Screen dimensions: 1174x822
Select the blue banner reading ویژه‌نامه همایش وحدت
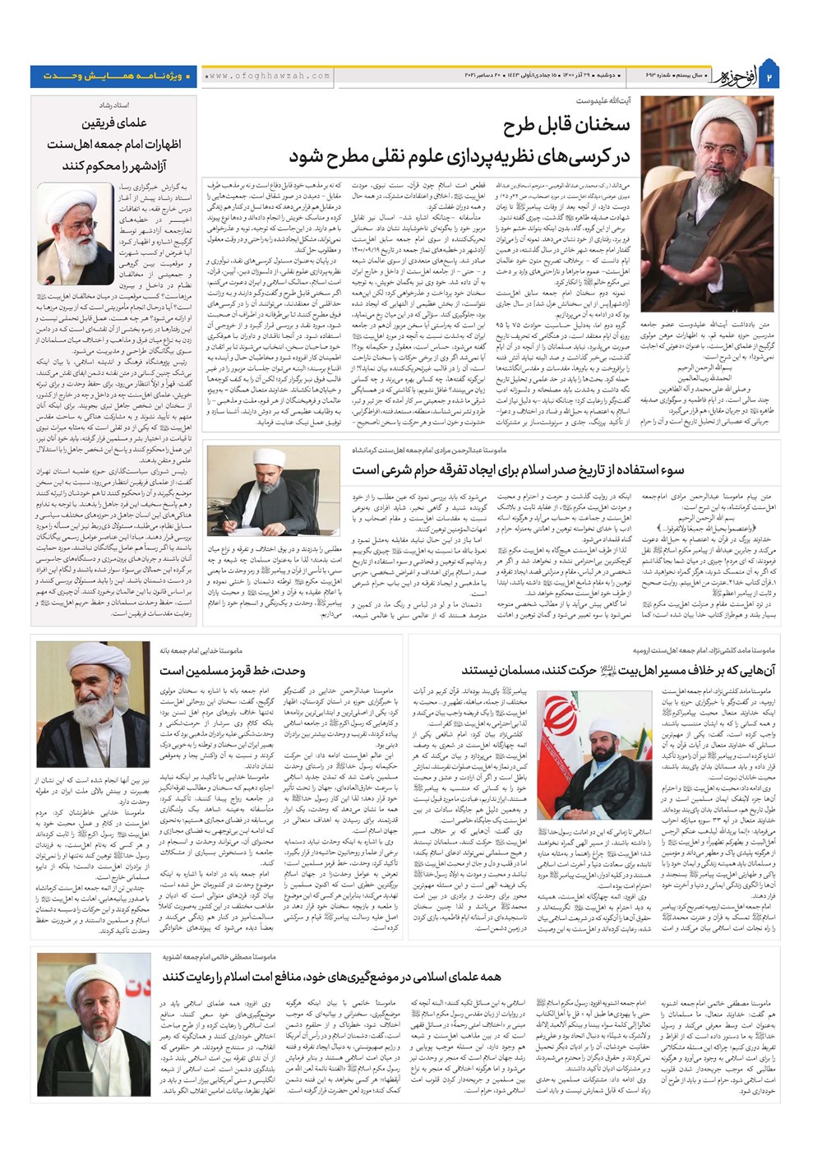click(x=113, y=76)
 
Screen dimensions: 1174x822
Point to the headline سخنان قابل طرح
click(x=568, y=125)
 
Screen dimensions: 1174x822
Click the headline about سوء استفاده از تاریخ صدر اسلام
click(x=518, y=469)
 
